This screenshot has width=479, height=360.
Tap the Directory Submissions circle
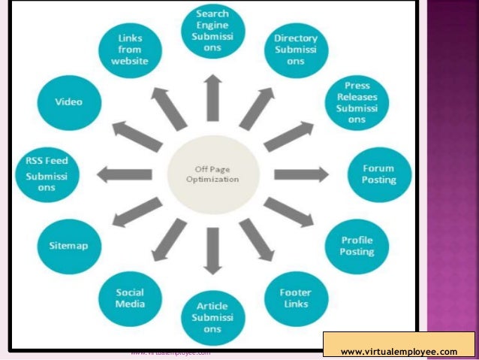[x=295, y=50]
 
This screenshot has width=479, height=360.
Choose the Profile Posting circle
[x=357, y=246]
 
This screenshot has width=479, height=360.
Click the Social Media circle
[x=129, y=298]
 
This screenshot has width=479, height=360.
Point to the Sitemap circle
[x=69, y=245]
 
